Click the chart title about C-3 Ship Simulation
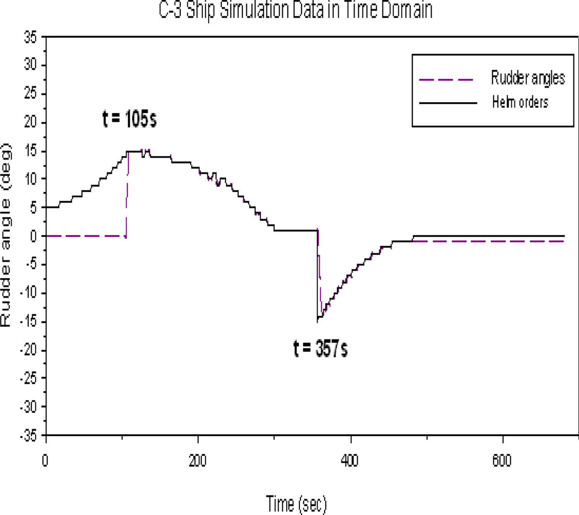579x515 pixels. click(x=295, y=10)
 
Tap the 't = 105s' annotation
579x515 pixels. click(x=129, y=119)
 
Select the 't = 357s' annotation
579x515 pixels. click(x=321, y=348)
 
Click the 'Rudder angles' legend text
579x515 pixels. click(x=528, y=78)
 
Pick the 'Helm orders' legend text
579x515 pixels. click(x=520, y=102)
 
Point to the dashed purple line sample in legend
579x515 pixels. click(x=447, y=79)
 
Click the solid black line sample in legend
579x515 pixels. click(x=448, y=103)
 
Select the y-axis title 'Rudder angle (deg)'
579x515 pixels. click(x=6, y=235)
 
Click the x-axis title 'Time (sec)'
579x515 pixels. click(x=296, y=503)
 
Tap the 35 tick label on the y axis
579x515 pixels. click(x=30, y=38)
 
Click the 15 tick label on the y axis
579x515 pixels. click(x=30, y=151)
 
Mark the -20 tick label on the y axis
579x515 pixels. click(x=28, y=350)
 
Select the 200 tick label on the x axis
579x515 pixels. click(x=198, y=460)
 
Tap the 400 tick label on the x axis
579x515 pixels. click(x=350, y=460)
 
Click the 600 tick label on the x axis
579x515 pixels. click(x=502, y=460)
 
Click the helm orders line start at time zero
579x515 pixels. click(x=47, y=207)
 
